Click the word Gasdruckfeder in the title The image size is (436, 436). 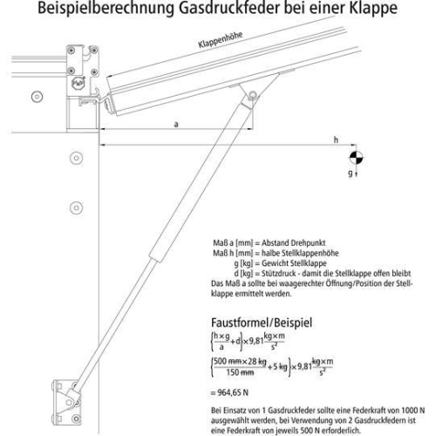pyautogui.click(x=214, y=10)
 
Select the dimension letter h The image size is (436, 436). pyautogui.click(x=336, y=140)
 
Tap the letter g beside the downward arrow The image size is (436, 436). pyautogui.click(x=348, y=174)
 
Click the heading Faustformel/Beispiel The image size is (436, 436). pyautogui.click(x=259, y=320)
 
